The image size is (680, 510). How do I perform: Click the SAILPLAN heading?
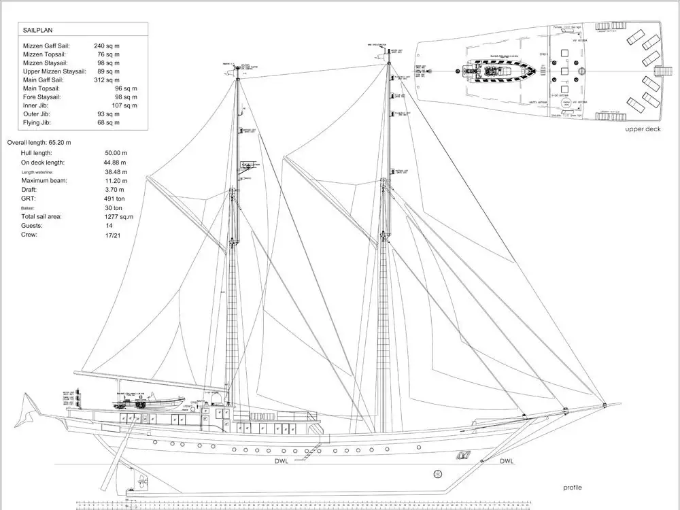(38, 31)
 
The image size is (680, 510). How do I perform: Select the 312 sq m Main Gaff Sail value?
(107, 80)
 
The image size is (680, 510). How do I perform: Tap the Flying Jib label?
(37, 122)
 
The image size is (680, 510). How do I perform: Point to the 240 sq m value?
(107, 46)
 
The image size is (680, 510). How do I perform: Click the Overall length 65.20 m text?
(39, 143)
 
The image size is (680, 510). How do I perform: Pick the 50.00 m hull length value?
(116, 154)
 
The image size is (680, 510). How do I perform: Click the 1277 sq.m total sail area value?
(118, 216)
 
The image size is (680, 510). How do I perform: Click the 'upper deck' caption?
(643, 129)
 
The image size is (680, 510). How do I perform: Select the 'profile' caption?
(572, 488)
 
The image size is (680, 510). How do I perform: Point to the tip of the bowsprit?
(619, 404)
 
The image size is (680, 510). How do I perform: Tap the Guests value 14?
(109, 225)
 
